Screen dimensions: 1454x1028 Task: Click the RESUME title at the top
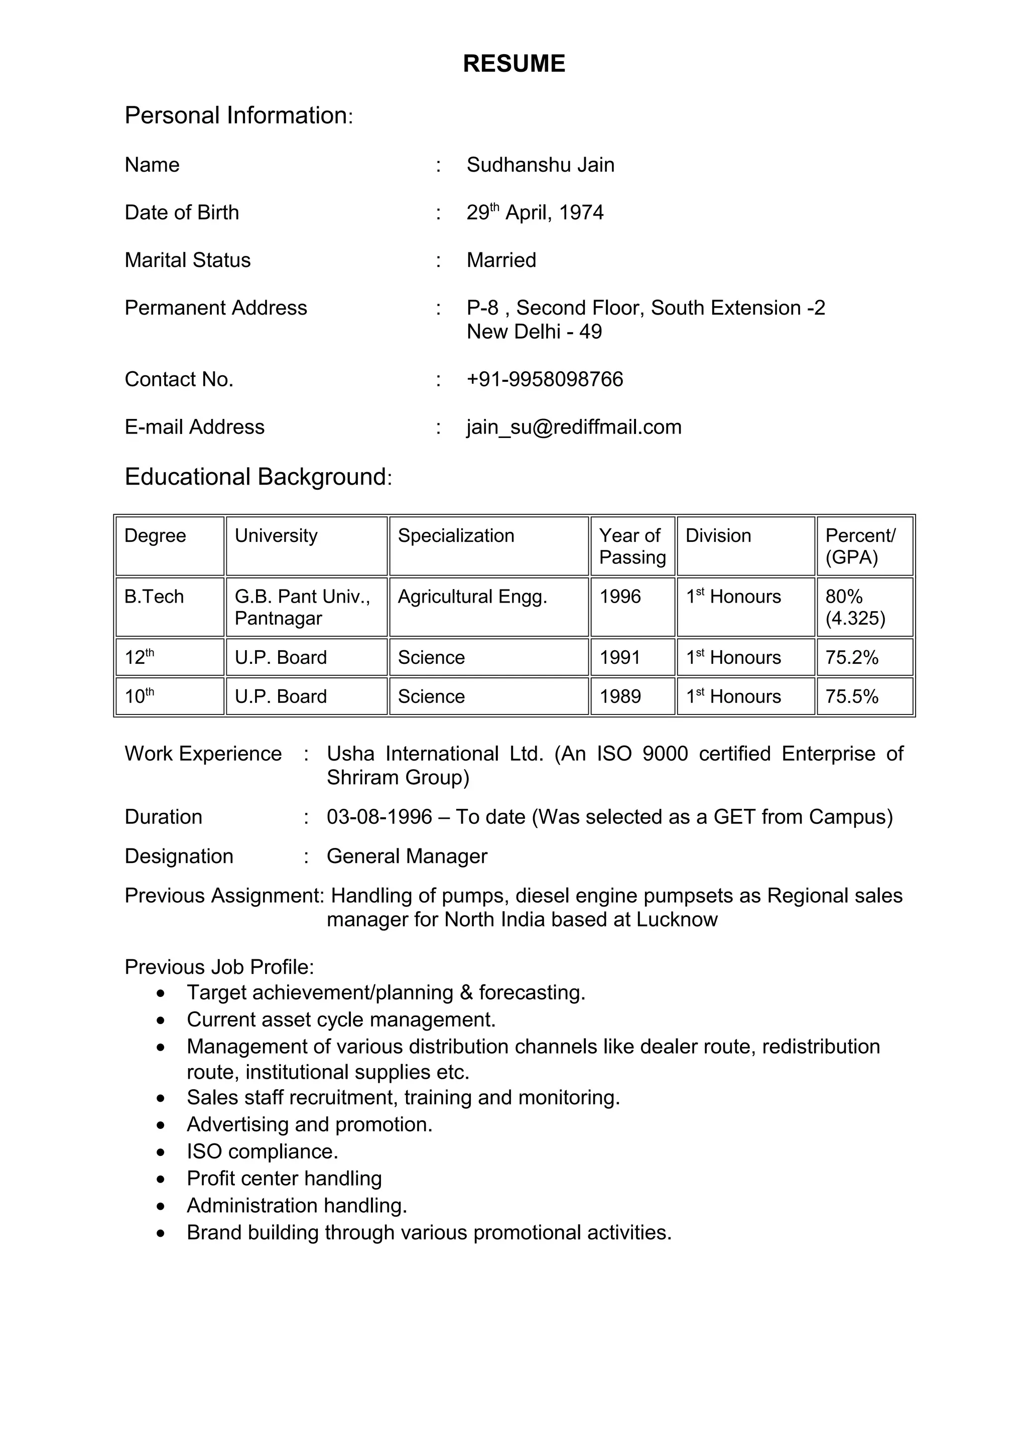click(x=513, y=64)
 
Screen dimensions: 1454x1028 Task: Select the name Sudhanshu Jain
click(x=540, y=165)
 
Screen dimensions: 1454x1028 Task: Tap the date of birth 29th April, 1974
click(x=535, y=213)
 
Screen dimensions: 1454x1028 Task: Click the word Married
click(x=501, y=260)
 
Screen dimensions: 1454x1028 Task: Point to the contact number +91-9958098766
click(x=545, y=379)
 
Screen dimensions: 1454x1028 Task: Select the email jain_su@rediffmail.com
click(x=574, y=427)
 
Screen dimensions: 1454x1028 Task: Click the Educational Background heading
click(x=258, y=477)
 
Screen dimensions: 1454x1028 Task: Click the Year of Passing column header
click(x=631, y=546)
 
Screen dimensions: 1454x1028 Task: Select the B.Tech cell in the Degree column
click(x=154, y=597)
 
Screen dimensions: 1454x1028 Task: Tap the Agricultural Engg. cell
click(x=472, y=597)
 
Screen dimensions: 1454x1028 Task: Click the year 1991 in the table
click(x=619, y=657)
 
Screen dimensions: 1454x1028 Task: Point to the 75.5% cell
click(x=851, y=696)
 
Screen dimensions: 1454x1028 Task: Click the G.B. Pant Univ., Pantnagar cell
click(x=302, y=607)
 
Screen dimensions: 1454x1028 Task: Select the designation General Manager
click(x=407, y=856)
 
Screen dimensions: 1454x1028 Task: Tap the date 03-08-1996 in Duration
click(x=379, y=817)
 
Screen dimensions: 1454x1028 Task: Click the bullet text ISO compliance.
click(x=262, y=1151)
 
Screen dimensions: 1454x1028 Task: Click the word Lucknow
click(x=677, y=920)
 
